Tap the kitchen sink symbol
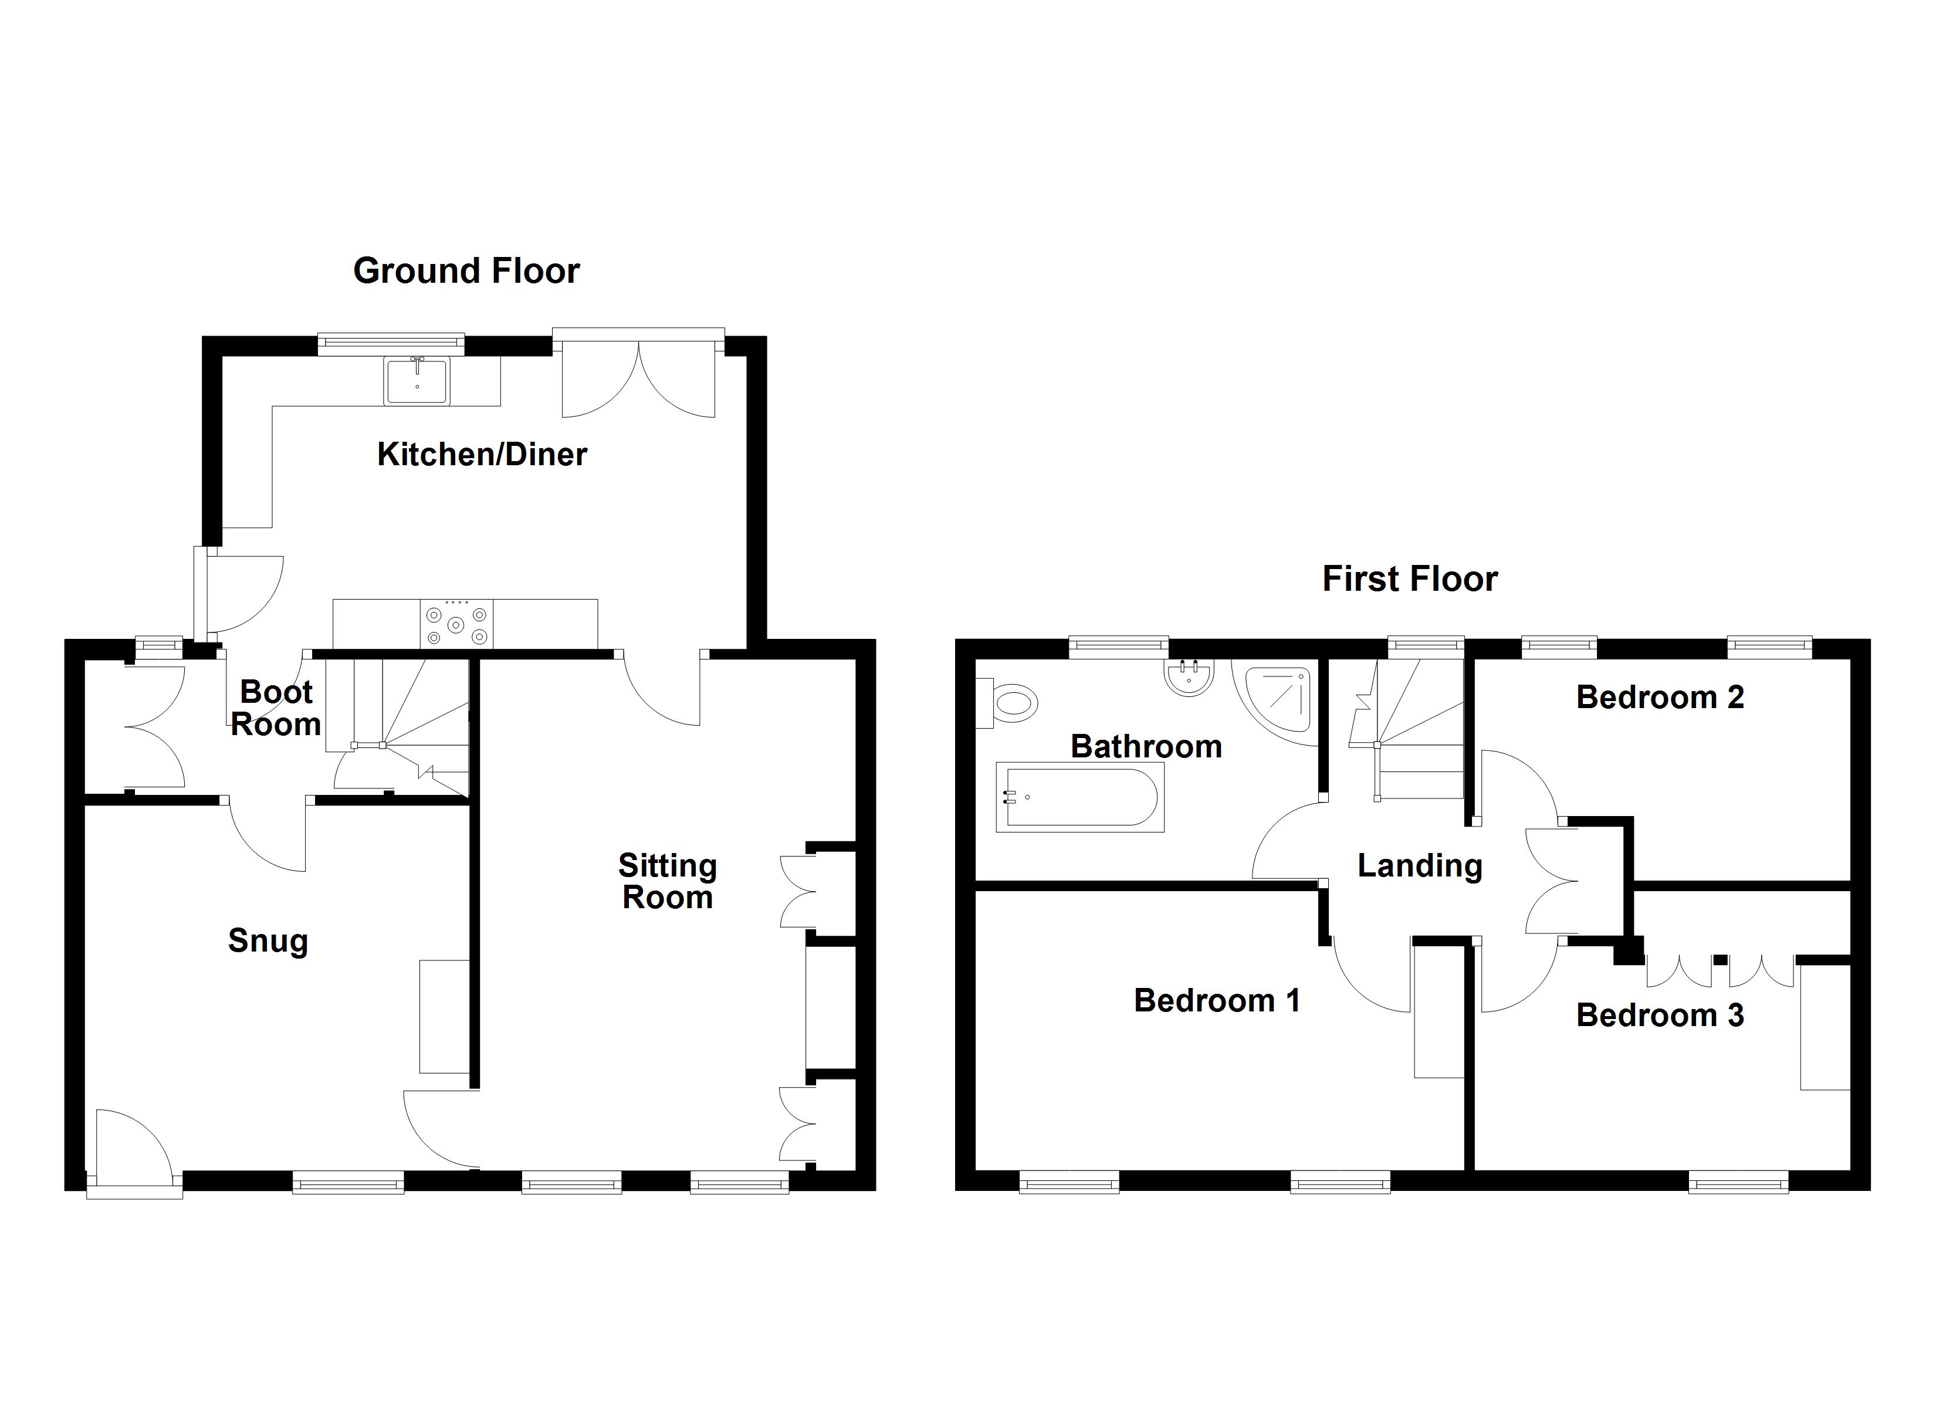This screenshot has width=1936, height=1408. click(x=417, y=381)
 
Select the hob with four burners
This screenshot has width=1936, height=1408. click(x=456, y=624)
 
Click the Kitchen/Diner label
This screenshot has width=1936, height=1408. click(x=482, y=454)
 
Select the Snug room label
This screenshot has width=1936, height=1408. click(x=268, y=941)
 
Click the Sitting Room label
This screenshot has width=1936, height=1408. click(x=668, y=881)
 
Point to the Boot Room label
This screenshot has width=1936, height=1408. click(x=276, y=708)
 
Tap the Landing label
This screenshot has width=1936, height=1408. click(x=1420, y=866)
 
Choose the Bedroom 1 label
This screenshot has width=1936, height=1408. click(x=1216, y=1001)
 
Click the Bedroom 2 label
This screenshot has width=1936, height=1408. click(x=1660, y=698)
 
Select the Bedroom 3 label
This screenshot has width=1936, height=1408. click(x=1660, y=1016)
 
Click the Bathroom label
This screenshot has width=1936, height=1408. click(x=1146, y=747)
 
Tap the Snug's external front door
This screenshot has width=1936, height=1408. click(x=134, y=1149)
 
